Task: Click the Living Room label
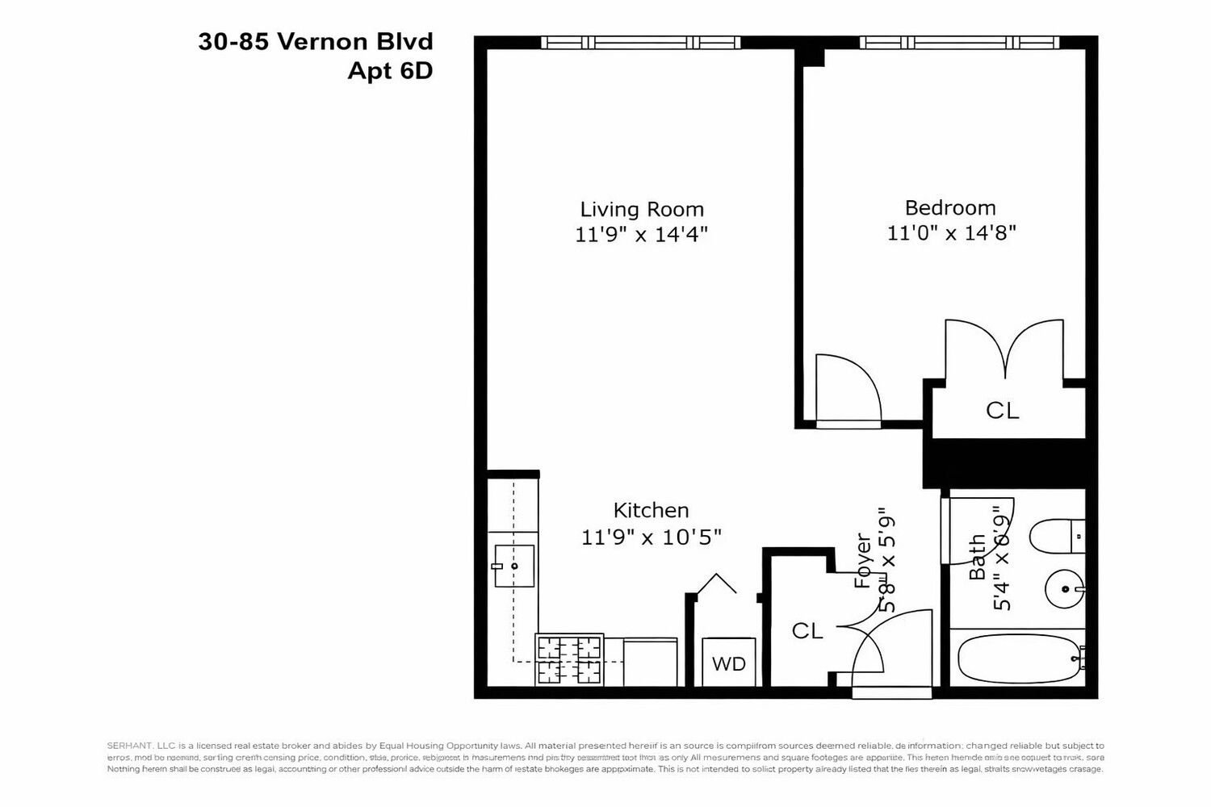pyautogui.click(x=642, y=209)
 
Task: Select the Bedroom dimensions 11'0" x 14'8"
pyautogui.click(x=951, y=233)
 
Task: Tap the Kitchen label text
pyautogui.click(x=651, y=510)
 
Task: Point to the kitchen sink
pyautogui.click(x=513, y=566)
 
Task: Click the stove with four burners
pyautogui.click(x=569, y=659)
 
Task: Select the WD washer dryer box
pyautogui.click(x=728, y=663)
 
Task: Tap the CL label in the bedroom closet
pyautogui.click(x=1002, y=411)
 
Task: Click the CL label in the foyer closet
pyautogui.click(x=807, y=631)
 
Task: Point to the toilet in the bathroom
pyautogui.click(x=1057, y=536)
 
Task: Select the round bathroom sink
pyautogui.click(x=1065, y=589)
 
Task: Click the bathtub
pyautogui.click(x=1019, y=659)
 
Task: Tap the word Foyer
pyautogui.click(x=863, y=560)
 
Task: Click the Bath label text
pyautogui.click(x=977, y=557)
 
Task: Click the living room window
pyautogui.click(x=640, y=43)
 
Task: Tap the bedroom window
pyautogui.click(x=959, y=43)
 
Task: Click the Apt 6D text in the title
pyautogui.click(x=390, y=71)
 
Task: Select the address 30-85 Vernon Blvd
pyautogui.click(x=316, y=42)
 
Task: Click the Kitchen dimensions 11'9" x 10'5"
pyautogui.click(x=651, y=537)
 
